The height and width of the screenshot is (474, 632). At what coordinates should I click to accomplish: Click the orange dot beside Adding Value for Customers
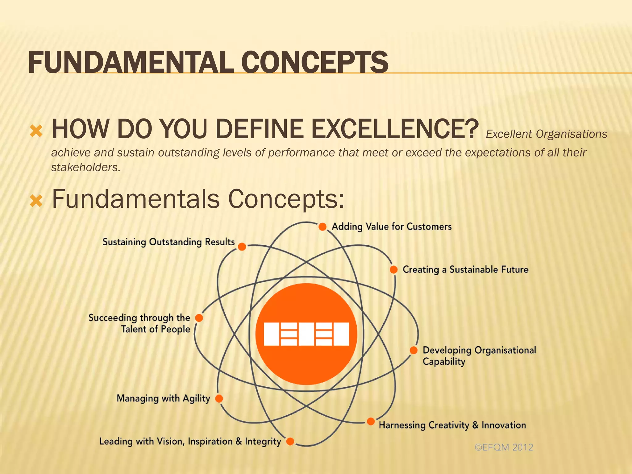[322, 227]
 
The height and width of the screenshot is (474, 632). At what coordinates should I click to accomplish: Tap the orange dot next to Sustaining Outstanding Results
[242, 247]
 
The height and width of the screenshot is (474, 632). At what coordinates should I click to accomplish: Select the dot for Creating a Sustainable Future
[393, 269]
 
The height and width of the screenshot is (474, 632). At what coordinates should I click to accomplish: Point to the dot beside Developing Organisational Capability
[414, 350]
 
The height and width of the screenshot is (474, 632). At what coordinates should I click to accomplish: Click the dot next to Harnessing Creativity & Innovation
[371, 422]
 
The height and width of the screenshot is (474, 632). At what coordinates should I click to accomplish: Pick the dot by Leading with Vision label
[290, 441]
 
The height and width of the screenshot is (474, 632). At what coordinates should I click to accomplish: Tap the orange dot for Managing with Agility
[219, 398]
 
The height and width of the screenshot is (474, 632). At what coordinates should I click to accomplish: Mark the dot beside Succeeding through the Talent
[199, 318]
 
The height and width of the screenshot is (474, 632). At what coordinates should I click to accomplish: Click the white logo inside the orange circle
[306, 334]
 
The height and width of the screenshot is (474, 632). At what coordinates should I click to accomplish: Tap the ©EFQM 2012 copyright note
[504, 447]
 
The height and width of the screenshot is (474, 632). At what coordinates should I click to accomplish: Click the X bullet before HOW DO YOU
[36, 131]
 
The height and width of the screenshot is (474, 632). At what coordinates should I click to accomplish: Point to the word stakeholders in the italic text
[85, 168]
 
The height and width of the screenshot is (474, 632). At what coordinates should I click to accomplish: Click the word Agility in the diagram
[196, 398]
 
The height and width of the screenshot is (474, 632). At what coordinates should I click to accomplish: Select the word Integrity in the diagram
[263, 442]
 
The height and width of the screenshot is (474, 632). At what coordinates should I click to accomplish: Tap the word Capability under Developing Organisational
[444, 362]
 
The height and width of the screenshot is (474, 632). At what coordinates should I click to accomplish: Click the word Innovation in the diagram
[504, 425]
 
